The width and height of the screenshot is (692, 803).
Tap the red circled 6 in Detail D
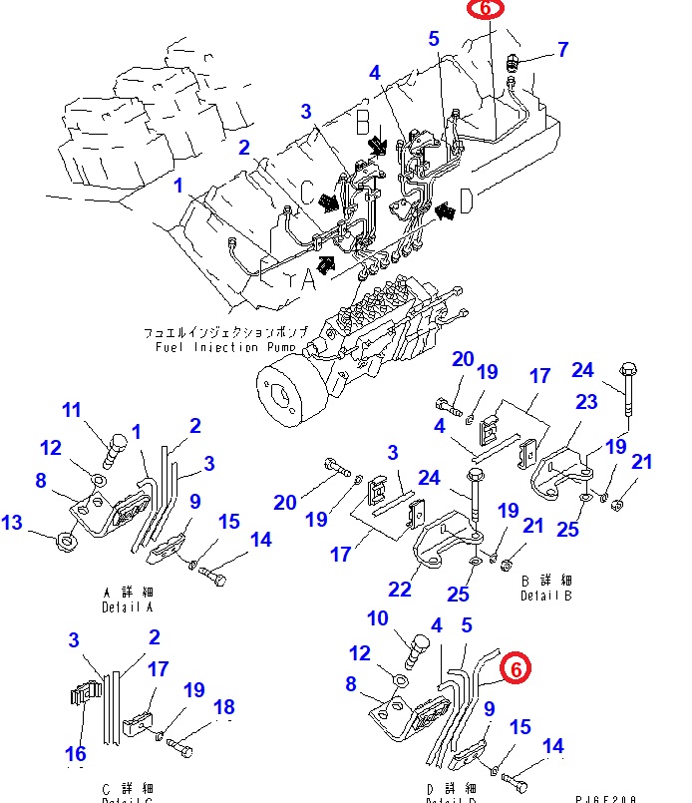(x=515, y=669)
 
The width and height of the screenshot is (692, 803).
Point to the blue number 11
(x=72, y=409)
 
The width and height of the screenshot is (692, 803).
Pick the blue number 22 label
(x=400, y=590)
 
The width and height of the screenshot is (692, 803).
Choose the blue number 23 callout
(x=585, y=402)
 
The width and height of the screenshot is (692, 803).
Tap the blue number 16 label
(x=76, y=752)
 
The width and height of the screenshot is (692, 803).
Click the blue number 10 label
(x=377, y=618)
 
